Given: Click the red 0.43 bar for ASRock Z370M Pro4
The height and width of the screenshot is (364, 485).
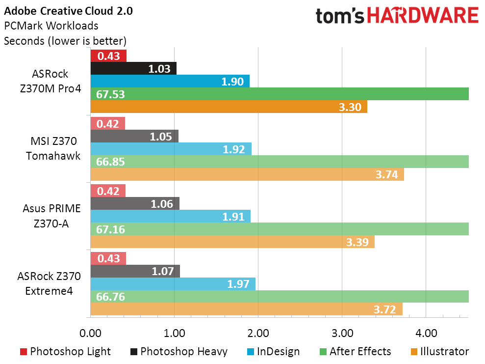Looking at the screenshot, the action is coord(108,56).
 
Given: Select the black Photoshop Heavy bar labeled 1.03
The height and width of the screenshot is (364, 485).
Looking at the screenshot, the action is coord(133,68).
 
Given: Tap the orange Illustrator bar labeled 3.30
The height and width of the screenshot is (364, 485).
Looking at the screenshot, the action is coord(229,107).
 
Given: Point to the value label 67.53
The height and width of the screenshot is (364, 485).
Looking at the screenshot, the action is coord(110,94).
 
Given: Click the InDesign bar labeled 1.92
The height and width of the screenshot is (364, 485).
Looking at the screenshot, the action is coord(171,149).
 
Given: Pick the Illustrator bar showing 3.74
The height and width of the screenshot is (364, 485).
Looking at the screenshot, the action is coord(247,174).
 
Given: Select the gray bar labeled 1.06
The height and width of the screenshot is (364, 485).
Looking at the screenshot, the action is coord(135,203).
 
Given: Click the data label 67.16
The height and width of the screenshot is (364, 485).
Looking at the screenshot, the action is coord(110,229).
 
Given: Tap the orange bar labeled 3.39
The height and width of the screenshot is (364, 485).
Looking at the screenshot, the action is coord(232,242).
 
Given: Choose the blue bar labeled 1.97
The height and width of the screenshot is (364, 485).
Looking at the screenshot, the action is coord(173,284).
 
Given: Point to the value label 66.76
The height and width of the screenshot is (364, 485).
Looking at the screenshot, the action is coord(110,297).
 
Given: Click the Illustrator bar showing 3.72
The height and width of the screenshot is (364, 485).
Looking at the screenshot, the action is coord(247,309).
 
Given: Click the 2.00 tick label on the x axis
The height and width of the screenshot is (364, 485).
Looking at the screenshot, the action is coord(258,334).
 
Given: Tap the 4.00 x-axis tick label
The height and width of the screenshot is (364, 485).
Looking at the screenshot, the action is coord(426,334).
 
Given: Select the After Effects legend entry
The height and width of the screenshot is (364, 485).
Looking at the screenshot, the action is coord(356,352).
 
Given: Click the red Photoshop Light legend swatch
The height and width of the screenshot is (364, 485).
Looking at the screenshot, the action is coord(23,352).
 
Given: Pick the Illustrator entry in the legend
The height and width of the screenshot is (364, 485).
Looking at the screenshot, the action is coord(440,352).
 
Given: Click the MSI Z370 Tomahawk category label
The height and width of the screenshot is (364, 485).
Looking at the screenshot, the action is coord(53,148).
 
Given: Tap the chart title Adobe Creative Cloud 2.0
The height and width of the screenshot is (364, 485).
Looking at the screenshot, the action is coord(68,11).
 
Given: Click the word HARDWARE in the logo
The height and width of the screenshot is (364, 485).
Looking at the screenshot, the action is coord(423,16).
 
